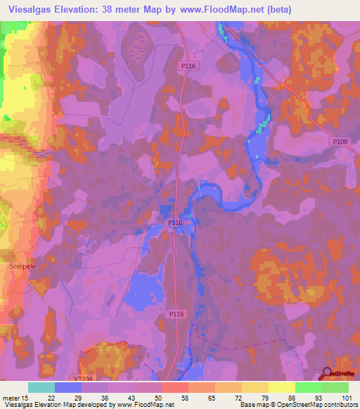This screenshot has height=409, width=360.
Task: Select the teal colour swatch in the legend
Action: (x=41, y=387)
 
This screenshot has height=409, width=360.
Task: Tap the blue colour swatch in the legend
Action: (x=67, y=387)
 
